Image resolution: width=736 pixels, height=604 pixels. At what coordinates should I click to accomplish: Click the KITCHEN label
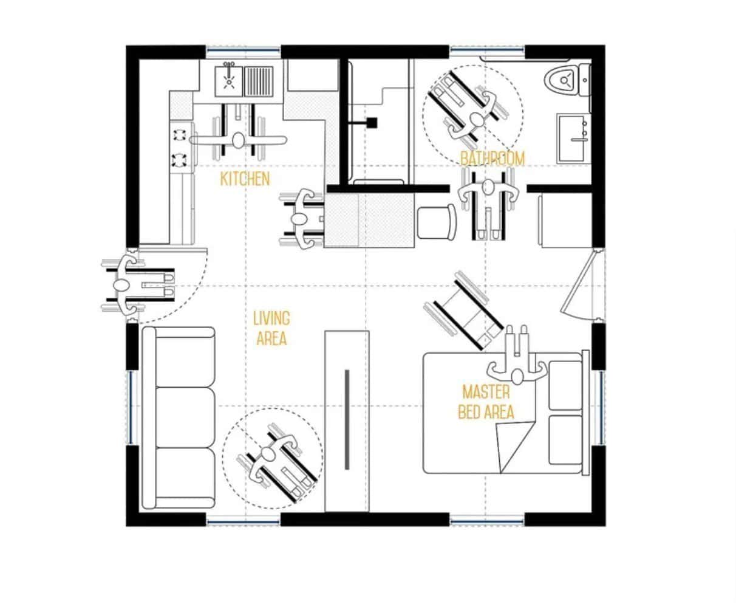pyautogui.click(x=245, y=179)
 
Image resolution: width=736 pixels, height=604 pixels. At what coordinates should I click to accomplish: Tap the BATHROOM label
pyautogui.click(x=492, y=159)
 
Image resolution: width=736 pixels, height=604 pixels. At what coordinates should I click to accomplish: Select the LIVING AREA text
pyautogui.click(x=271, y=328)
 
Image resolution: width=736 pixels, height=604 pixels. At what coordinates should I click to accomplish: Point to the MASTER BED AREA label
pyautogui.click(x=486, y=402)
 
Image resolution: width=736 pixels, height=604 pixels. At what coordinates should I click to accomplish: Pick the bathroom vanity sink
pyautogui.click(x=574, y=138)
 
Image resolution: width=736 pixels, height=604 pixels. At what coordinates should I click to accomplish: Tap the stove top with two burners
pyautogui.click(x=181, y=146)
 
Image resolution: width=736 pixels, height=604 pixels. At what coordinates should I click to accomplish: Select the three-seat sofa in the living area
pyautogui.click(x=179, y=418)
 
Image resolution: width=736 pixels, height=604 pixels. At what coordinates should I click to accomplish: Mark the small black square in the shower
pyautogui.click(x=372, y=123)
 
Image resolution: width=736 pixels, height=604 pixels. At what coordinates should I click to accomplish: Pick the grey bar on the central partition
pyautogui.click(x=347, y=419)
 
